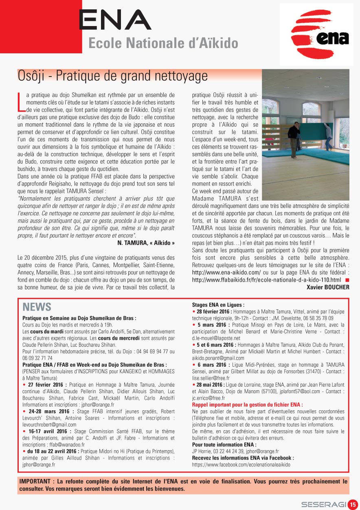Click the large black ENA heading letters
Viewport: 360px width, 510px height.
[x=115, y=20]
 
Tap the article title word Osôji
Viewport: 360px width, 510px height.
[x=34, y=76]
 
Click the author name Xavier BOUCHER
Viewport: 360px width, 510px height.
[x=328, y=287]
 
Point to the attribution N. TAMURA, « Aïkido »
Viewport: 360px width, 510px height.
[x=145, y=243]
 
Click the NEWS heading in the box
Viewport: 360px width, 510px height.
[x=37, y=307]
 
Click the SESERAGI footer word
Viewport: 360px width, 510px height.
[x=323, y=504]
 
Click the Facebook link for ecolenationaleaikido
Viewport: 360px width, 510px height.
[x=241, y=464]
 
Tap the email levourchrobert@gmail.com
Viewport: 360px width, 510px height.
[x=49, y=425]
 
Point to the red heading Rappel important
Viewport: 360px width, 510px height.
[x=247, y=405]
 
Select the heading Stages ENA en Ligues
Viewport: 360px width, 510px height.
[x=218, y=304]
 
